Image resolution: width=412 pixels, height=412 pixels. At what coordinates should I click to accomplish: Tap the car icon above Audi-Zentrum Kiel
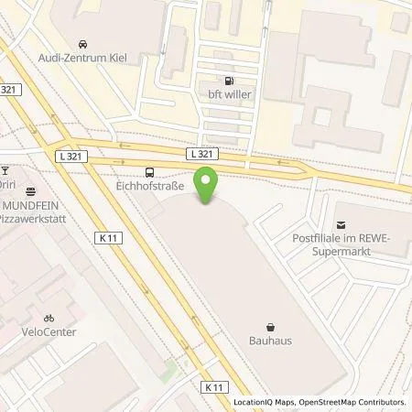click(83, 43)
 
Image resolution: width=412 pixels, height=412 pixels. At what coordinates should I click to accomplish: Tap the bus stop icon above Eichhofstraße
click(150, 171)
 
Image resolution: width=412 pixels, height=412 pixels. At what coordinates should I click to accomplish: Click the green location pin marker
click(209, 187)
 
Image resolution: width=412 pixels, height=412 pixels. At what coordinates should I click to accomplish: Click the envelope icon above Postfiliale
click(342, 225)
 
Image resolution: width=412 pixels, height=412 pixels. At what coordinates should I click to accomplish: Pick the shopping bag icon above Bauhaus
click(272, 325)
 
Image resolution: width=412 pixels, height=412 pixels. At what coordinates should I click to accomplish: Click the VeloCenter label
click(50, 331)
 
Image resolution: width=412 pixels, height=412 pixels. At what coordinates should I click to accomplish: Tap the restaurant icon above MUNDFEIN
click(32, 191)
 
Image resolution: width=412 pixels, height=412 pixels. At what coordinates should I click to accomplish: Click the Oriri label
click(9, 183)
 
